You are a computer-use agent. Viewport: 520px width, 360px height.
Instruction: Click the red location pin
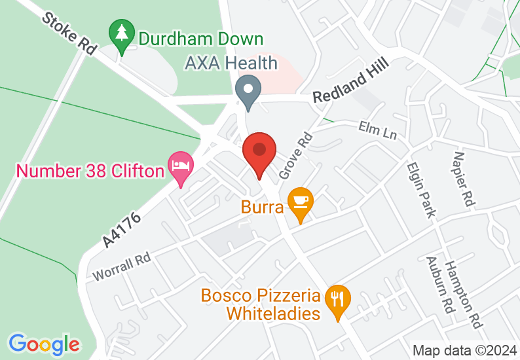[x=259, y=153]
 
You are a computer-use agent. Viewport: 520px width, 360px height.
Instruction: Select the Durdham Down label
[x=201, y=40]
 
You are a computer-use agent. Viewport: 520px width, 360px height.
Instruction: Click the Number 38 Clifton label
[x=90, y=171]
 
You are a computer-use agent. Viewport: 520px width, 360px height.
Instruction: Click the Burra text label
[x=262, y=208]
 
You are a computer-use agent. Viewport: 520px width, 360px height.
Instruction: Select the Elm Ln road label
[x=378, y=131]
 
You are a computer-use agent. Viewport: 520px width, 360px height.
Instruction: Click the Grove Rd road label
[x=295, y=156]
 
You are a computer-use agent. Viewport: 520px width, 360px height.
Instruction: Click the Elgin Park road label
[x=420, y=190]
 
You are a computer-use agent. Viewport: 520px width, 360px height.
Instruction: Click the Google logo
[x=45, y=344]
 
